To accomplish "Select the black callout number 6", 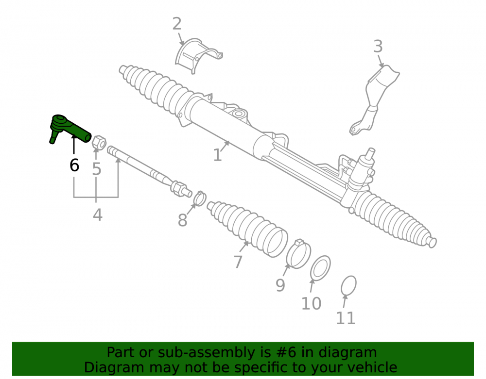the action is (74, 165).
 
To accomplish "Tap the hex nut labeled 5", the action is (99, 142).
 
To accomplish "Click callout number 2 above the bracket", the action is (177, 24).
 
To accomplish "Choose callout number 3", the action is (378, 47).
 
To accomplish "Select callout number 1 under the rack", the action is (218, 155).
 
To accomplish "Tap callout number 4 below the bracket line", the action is (98, 214).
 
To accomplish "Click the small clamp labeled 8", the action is (200, 198).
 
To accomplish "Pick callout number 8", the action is (183, 220).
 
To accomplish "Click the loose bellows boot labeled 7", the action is (246, 229).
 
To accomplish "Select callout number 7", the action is (238, 262).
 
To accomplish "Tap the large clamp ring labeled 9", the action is (298, 254).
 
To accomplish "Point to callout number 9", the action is (280, 285).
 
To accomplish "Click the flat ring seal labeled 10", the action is (320, 268).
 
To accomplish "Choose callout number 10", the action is (311, 303).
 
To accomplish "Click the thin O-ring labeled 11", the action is (348, 285).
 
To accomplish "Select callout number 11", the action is (346, 318).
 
